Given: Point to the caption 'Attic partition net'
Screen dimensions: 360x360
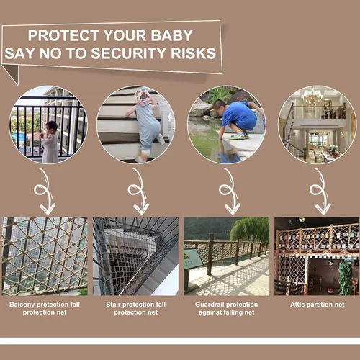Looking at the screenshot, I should pyautogui.click(x=316, y=305).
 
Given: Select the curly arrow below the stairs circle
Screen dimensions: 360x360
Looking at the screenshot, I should pyautogui.click(x=135, y=191).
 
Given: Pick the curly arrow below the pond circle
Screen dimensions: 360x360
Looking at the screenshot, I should pyautogui.click(x=227, y=191).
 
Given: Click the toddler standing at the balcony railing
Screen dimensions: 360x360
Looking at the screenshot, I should pyautogui.click(x=50, y=141).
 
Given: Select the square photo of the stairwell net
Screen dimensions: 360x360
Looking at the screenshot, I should pyautogui.click(x=135, y=256).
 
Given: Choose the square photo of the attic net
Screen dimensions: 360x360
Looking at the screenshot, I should pyautogui.click(x=316, y=256).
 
